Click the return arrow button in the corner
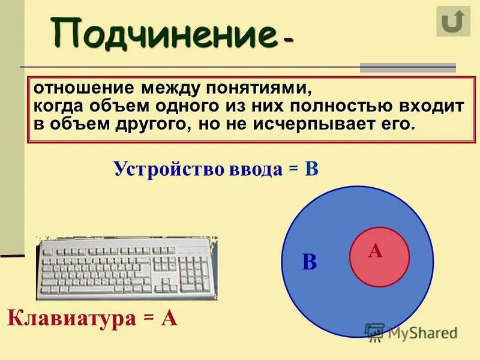point(453,22)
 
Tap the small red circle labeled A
point(379,256)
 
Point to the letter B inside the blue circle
point(309,262)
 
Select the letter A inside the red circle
point(376,251)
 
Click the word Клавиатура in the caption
point(71,317)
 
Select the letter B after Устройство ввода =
point(311,169)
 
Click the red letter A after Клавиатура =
point(169,317)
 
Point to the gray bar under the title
point(407,67)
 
